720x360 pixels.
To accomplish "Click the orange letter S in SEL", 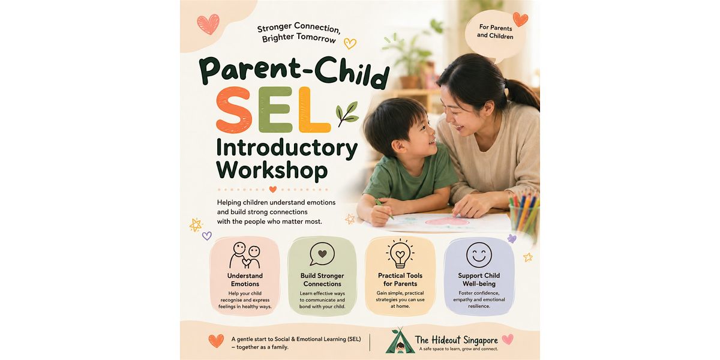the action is tap(233, 110).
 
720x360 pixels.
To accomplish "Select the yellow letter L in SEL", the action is tap(313, 110).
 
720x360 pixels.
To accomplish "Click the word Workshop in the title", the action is tap(272, 170).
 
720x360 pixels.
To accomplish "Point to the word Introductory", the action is tap(287, 149).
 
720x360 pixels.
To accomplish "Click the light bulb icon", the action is tap(400, 254).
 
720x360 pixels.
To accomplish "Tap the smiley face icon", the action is tap(479, 255).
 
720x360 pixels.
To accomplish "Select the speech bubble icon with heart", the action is tap(322, 254).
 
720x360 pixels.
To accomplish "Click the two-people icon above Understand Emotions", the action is tap(245, 255).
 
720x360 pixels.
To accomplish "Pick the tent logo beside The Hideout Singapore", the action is tap(399, 341).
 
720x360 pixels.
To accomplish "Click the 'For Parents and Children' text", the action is tap(495, 32).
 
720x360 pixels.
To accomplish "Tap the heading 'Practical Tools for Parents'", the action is tap(400, 280).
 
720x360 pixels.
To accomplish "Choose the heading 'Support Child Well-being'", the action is tap(479, 280).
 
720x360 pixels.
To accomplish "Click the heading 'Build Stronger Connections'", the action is tap(322, 280).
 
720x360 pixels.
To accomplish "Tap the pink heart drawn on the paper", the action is tap(447, 221).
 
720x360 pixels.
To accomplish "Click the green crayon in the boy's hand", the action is tap(384, 209).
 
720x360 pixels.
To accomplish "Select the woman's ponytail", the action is tap(523, 94).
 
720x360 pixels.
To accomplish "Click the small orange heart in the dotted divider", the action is tap(272, 190).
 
